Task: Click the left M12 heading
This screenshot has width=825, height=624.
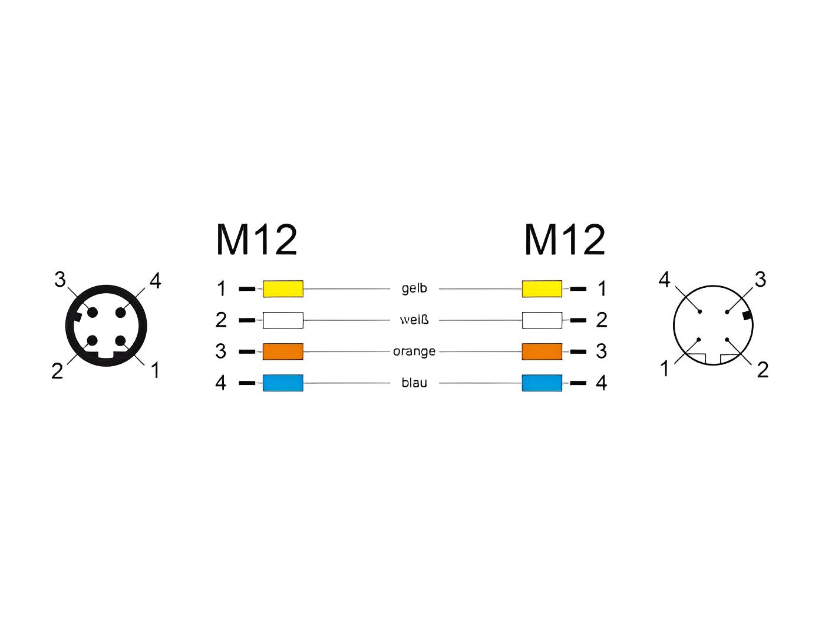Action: click(x=257, y=240)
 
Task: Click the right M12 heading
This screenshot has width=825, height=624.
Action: click(x=565, y=240)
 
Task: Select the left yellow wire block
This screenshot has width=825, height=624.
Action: click(x=283, y=288)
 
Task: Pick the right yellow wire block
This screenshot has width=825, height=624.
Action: click(x=542, y=288)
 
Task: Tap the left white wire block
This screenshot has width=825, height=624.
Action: click(x=283, y=320)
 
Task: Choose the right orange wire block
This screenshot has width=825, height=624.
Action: click(x=542, y=351)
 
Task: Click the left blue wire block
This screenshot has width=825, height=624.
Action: click(x=283, y=383)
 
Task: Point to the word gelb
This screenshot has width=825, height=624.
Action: click(x=414, y=288)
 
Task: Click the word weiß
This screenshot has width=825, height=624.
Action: click(x=414, y=320)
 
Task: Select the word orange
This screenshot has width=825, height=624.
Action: click(x=414, y=351)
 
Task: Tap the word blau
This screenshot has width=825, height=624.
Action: click(x=414, y=383)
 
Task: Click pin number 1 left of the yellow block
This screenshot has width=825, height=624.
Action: click(x=222, y=288)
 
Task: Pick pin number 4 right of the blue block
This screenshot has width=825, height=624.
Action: click(x=602, y=383)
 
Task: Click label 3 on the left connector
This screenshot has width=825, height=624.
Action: click(x=60, y=280)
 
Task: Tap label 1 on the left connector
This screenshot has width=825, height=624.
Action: click(x=155, y=370)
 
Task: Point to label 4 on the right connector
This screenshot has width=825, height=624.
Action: click(x=664, y=280)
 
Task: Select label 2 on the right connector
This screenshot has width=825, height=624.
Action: click(x=763, y=370)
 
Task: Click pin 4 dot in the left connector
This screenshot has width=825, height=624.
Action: click(x=121, y=313)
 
